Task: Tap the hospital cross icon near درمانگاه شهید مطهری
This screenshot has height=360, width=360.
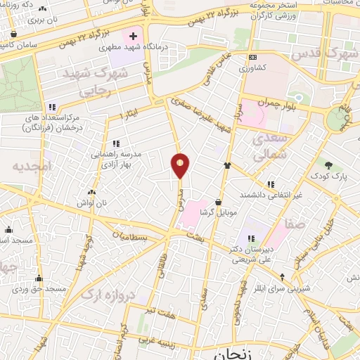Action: pyautogui.click(x=133, y=35)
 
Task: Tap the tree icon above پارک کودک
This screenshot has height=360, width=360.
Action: pyautogui.click(x=328, y=163)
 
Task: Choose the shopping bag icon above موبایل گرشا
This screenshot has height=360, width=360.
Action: pyautogui.click(x=218, y=201)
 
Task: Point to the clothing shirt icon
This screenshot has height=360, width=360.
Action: pyautogui.click(x=228, y=166)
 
